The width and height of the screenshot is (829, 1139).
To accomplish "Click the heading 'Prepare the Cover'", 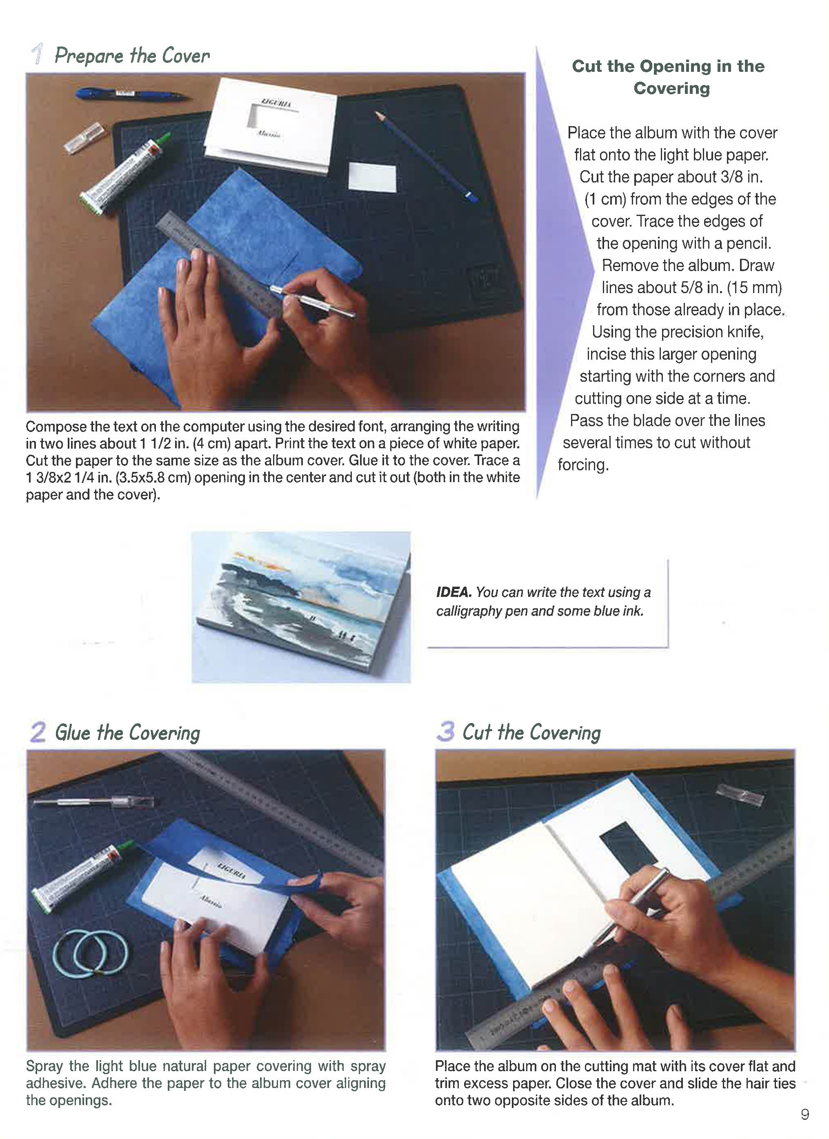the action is tap(132, 56).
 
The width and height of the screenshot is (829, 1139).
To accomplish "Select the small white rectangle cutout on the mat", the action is tap(372, 176).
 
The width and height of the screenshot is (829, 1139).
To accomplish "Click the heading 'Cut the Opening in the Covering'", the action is tap(668, 77).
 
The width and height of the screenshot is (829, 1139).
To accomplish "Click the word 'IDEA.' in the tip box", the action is tap(454, 592).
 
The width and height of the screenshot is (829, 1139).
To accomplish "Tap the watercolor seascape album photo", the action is tap(301, 607).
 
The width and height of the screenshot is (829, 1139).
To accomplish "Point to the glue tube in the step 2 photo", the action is tap(80, 876).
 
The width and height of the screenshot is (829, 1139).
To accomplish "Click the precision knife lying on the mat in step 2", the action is tap(93, 802).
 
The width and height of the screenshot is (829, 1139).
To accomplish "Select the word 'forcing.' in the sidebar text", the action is tap(583, 465).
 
